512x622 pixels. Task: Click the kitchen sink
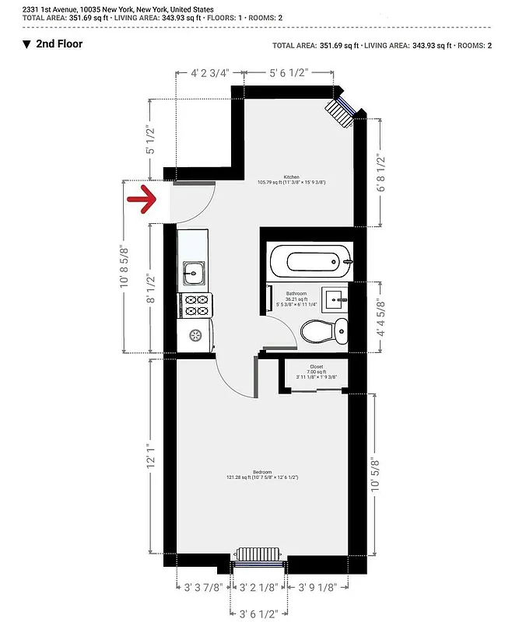(x=193, y=273)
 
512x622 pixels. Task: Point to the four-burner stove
(x=196, y=306)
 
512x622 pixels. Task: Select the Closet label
(x=316, y=366)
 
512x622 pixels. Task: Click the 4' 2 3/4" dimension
(x=210, y=73)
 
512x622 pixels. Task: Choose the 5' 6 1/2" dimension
(x=289, y=73)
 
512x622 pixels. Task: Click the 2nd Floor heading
(x=59, y=44)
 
